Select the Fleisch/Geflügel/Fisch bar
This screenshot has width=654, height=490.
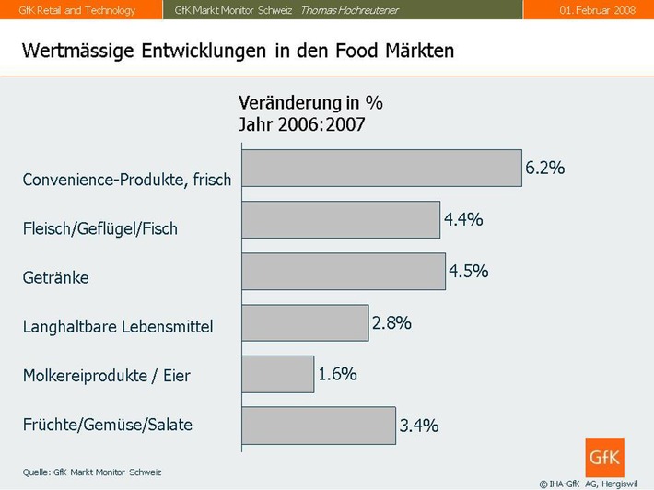[x=340, y=219]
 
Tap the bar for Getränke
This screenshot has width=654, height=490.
[x=343, y=271]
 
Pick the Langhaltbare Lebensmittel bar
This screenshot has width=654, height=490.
[x=304, y=322]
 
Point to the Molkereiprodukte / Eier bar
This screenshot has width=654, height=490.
[x=277, y=374]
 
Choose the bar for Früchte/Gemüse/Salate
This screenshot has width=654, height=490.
[x=318, y=426]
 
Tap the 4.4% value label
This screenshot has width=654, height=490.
[x=463, y=219]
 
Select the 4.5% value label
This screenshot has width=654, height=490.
[x=468, y=271]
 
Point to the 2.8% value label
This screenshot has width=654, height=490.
[x=391, y=322]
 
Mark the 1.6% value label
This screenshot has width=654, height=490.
[x=337, y=374]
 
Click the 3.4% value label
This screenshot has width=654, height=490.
[x=419, y=426]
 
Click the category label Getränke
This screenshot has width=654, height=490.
[x=55, y=277]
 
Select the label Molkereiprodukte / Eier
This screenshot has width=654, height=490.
[x=106, y=376]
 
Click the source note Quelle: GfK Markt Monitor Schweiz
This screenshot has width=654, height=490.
[x=92, y=472]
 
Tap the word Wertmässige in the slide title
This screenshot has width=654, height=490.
[x=78, y=50]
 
